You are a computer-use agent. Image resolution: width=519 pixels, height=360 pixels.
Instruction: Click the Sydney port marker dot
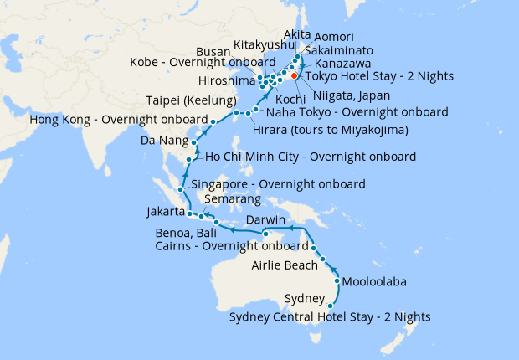point(330,306)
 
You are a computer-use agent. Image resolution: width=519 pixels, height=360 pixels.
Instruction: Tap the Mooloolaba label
point(374,282)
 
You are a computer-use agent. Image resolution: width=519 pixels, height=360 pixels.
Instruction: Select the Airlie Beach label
point(284,266)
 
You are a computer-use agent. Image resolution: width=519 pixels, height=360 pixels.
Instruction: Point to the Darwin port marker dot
point(264,233)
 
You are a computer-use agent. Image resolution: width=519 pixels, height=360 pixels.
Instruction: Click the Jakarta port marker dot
point(191,214)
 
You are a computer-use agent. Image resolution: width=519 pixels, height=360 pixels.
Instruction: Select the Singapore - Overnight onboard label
point(278,184)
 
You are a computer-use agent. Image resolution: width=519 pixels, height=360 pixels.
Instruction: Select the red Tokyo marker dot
point(294,76)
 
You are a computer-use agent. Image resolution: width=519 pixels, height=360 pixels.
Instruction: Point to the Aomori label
point(334,38)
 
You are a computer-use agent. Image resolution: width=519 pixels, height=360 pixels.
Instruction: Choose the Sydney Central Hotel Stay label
point(330,317)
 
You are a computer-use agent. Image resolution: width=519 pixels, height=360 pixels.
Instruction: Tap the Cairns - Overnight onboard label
point(232,246)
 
